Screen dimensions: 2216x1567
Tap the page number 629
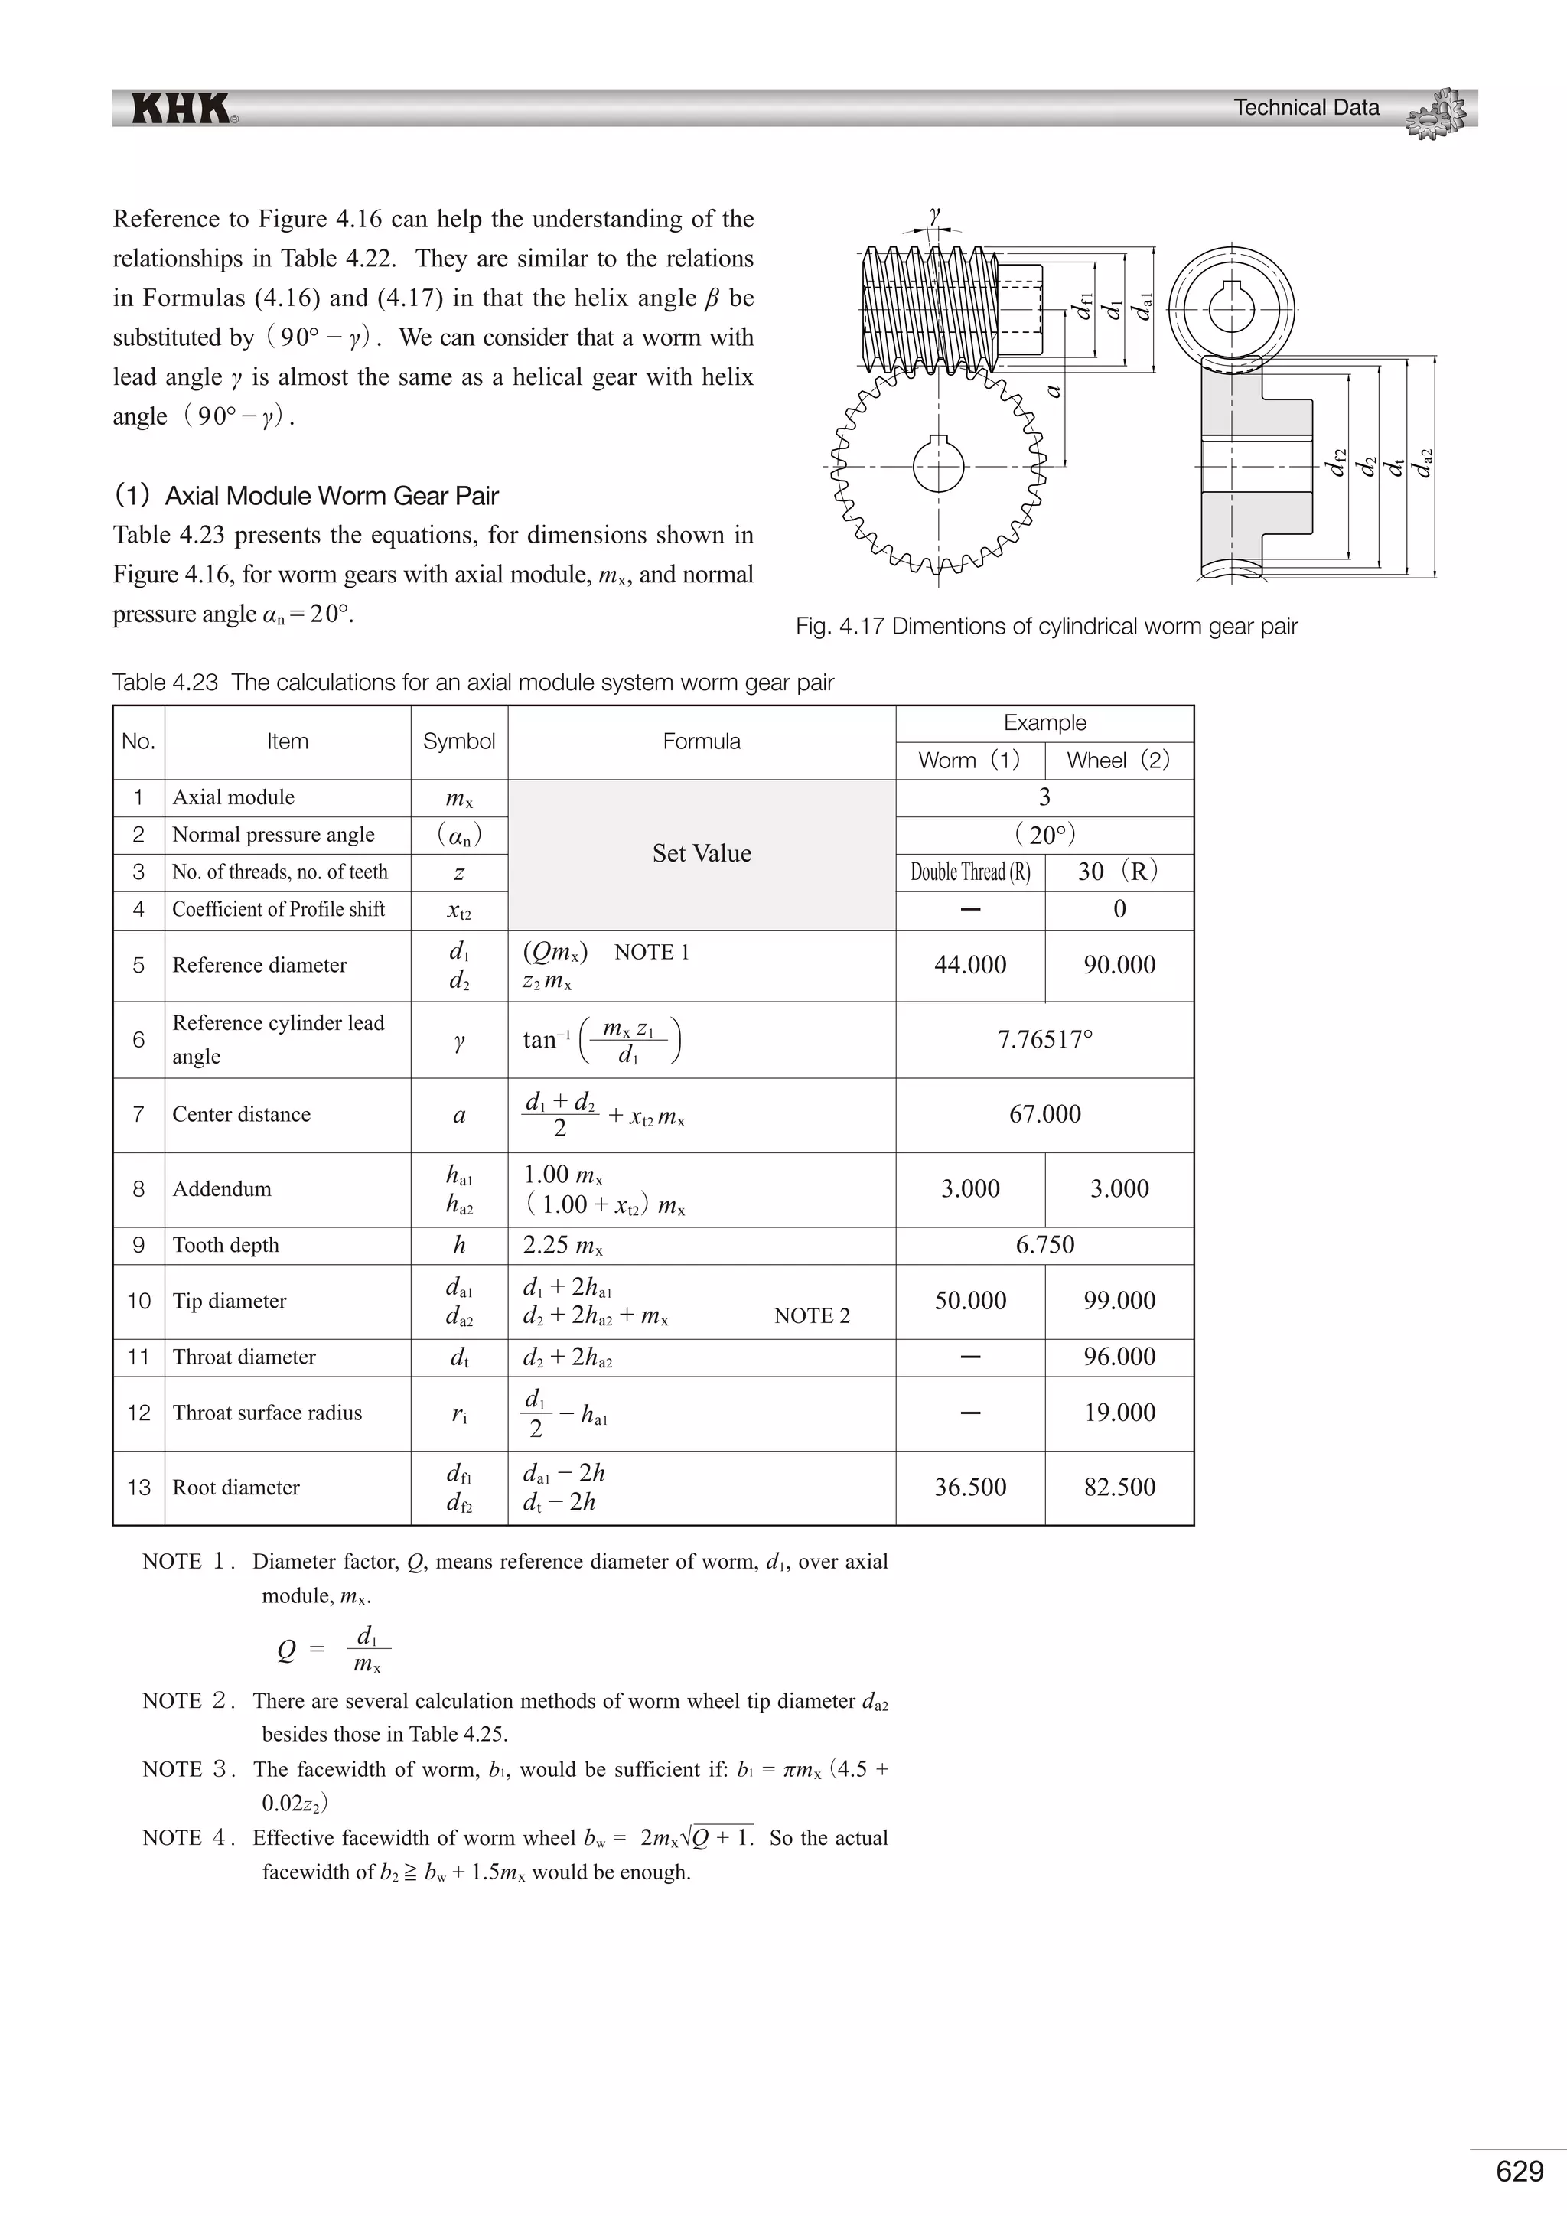[1519, 2171]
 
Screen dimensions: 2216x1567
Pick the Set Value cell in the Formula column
[702, 853]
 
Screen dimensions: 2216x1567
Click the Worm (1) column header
[969, 761]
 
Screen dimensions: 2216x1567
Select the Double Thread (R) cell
[969, 872]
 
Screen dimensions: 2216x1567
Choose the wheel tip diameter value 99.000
[1119, 1300]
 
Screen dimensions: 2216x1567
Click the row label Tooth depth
[226, 1245]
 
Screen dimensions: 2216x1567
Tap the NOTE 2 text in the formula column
[812, 1315]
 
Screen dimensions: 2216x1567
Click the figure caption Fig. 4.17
[1046, 627]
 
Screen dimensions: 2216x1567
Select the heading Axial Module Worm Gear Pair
[331, 496]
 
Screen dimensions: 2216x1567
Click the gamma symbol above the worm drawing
[934, 214]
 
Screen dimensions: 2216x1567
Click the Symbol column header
[458, 741]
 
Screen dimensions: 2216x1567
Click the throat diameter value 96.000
[1119, 1356]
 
